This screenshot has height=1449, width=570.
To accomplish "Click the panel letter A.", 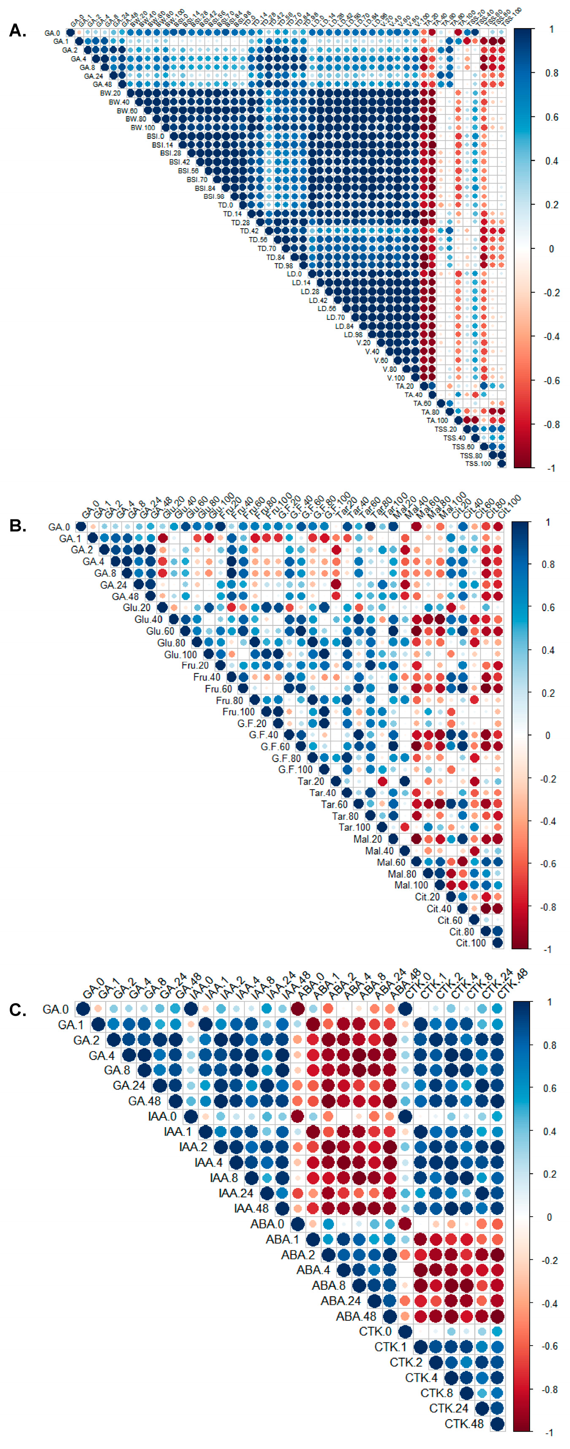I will click(x=17, y=31).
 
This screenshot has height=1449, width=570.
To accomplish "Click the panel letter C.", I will click(x=17, y=1010).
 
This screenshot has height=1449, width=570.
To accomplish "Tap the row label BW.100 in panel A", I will click(x=143, y=128).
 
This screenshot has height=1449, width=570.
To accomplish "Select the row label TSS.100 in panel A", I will click(x=478, y=464).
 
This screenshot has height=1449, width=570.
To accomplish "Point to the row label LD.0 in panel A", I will click(x=294, y=274).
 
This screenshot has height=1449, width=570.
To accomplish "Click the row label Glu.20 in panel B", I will click(x=137, y=608).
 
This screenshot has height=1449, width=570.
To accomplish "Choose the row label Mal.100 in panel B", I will click(x=411, y=885).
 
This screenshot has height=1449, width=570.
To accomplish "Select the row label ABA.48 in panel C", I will click(x=356, y=1317).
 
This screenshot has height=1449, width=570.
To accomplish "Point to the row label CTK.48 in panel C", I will click(x=464, y=1424).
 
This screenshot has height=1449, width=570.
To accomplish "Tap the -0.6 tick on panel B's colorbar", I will click(x=548, y=864).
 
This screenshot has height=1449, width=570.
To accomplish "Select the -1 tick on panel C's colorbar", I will click(x=548, y=1432).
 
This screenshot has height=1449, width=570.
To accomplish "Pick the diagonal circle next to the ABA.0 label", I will click(x=297, y=1223).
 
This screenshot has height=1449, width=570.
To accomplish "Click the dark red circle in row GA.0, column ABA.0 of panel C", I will click(x=297, y=1009).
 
